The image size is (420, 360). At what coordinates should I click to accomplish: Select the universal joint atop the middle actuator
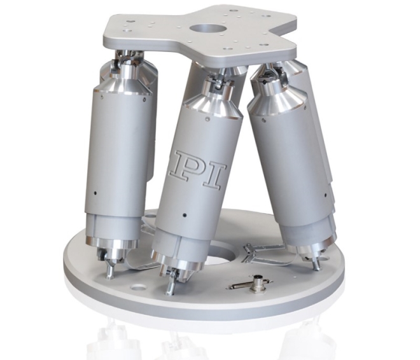point(216,81)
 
